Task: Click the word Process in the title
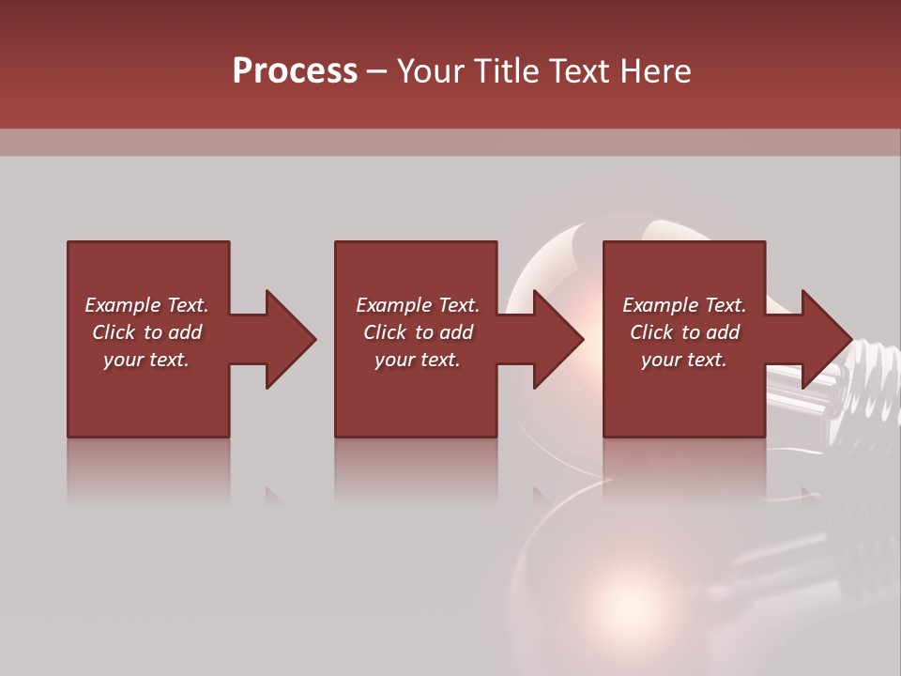tap(295, 70)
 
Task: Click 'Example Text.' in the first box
tap(146, 305)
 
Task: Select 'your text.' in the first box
tap(146, 360)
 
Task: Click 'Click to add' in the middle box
tap(418, 332)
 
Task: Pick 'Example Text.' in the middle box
tap(418, 305)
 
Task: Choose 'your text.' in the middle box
tap(418, 360)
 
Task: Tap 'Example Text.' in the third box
tap(684, 305)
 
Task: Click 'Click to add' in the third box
tap(684, 332)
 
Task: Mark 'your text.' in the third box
tap(684, 360)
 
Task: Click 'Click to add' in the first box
tap(146, 332)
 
